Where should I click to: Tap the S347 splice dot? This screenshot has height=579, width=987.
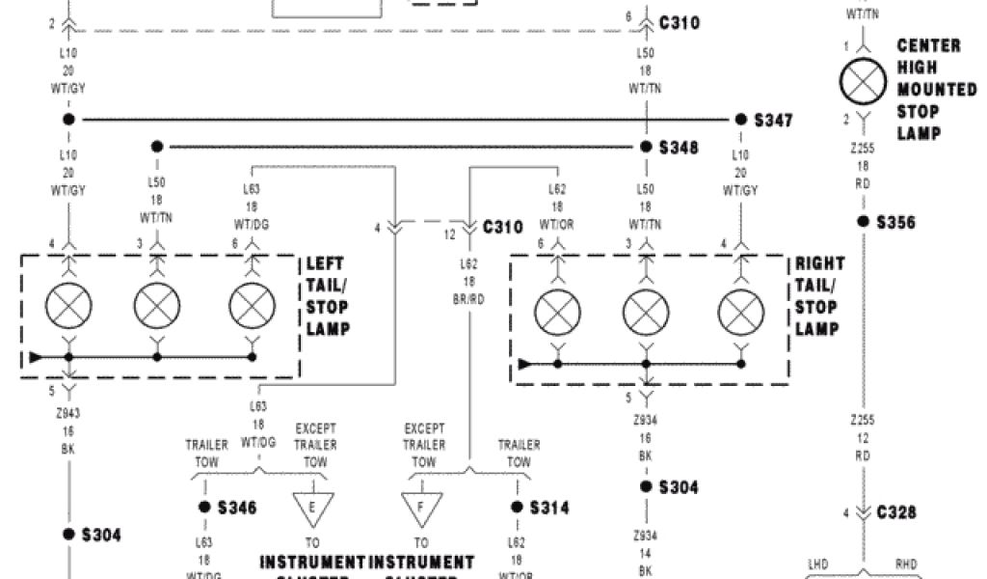[740, 120]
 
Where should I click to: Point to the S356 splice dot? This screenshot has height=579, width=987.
[865, 221]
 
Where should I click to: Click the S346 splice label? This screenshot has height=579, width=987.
[238, 507]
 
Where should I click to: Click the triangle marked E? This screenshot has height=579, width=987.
[312, 508]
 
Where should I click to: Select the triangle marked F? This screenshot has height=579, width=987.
[421, 508]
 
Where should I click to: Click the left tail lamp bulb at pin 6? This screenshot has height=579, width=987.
[252, 308]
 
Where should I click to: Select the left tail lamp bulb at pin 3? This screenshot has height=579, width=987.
[156, 308]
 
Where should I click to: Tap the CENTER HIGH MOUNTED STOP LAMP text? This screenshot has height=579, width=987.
[930, 90]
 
